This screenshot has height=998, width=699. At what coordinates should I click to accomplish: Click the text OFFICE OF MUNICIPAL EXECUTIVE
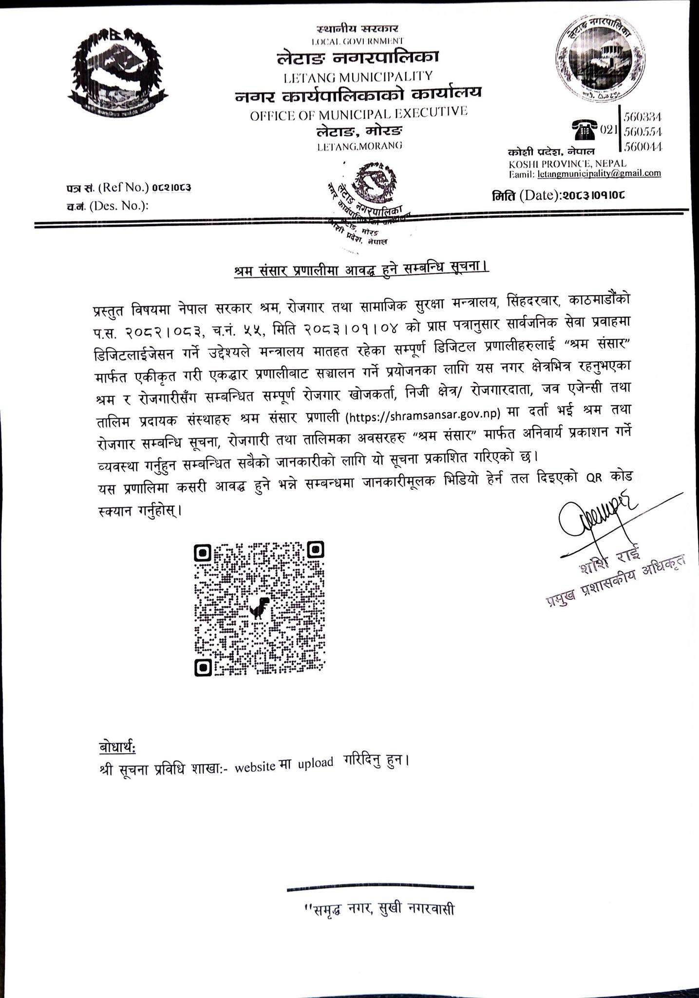(359, 114)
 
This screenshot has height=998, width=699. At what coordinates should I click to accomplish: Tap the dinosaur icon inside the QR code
(260, 608)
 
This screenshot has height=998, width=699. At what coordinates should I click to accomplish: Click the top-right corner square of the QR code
(316, 550)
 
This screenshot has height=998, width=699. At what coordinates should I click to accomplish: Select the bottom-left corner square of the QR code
(203, 667)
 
